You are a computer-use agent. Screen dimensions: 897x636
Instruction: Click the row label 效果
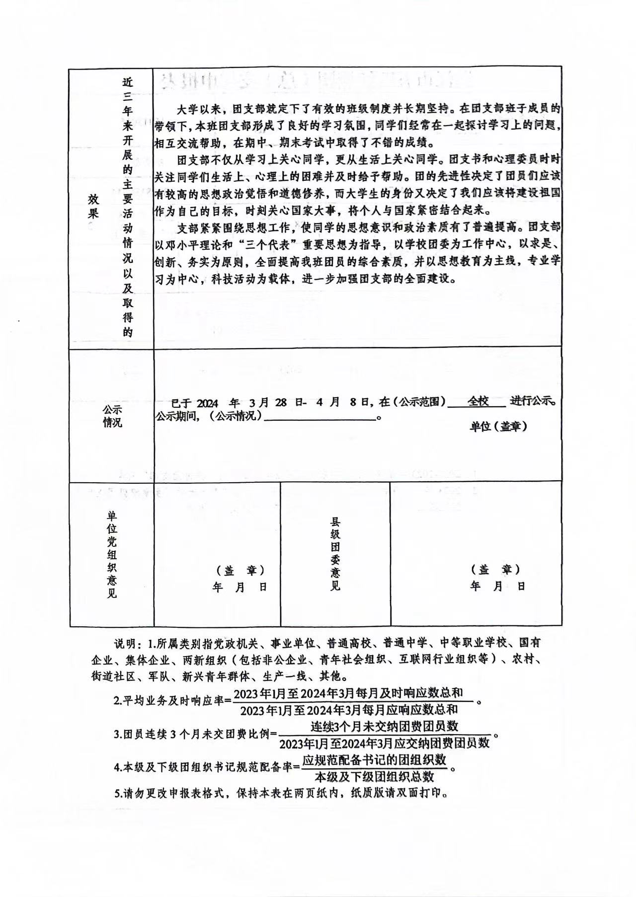(93, 206)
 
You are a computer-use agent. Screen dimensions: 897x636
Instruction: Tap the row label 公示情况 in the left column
(112, 416)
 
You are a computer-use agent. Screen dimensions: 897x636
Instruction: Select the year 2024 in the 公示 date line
(207, 403)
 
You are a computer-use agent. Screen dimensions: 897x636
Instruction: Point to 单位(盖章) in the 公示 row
(498, 426)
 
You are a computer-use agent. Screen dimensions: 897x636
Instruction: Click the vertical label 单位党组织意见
(112, 554)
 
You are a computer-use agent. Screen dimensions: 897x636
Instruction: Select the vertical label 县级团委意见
(335, 554)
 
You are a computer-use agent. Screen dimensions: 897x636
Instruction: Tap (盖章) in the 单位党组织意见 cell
(240, 570)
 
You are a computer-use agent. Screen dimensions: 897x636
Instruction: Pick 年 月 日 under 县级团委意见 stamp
(497, 586)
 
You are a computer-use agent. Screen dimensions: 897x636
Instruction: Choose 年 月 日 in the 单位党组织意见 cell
(240, 587)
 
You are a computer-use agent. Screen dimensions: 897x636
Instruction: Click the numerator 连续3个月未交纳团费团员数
(384, 726)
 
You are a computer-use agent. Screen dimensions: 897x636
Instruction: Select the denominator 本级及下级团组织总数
(374, 777)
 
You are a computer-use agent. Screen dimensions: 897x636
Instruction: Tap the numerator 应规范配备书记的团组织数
(374, 760)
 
